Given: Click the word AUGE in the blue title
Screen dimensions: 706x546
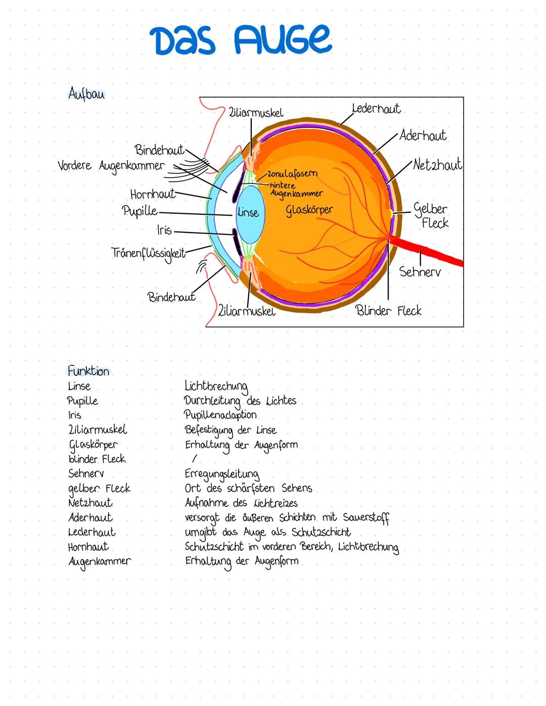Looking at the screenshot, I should [283, 40].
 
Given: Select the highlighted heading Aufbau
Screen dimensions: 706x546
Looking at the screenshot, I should [86, 94].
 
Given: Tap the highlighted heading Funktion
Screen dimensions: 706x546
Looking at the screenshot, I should [88, 371].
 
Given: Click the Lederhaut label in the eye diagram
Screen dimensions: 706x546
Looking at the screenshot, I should [376, 109].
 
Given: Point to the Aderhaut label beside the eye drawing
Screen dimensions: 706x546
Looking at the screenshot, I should [423, 135].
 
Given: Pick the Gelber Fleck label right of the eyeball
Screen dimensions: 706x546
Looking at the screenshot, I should [431, 216].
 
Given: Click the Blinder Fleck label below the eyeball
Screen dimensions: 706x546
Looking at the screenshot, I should [388, 310].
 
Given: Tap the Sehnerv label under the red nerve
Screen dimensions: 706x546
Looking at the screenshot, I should [420, 272].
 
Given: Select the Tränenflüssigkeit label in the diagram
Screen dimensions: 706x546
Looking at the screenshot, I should [148, 253].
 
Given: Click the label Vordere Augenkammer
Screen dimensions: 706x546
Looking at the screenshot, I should [111, 166].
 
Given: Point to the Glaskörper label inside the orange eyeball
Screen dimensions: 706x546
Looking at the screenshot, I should [309, 209].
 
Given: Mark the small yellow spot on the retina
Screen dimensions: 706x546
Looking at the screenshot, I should [391, 213].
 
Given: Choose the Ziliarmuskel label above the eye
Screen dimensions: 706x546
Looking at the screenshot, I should [256, 113].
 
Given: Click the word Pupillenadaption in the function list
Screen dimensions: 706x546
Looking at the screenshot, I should [220, 415].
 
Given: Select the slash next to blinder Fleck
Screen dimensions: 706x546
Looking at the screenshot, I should [195, 459].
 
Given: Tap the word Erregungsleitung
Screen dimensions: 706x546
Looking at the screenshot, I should [222, 474].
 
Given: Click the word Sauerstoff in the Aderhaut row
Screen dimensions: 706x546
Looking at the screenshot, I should [366, 518].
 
